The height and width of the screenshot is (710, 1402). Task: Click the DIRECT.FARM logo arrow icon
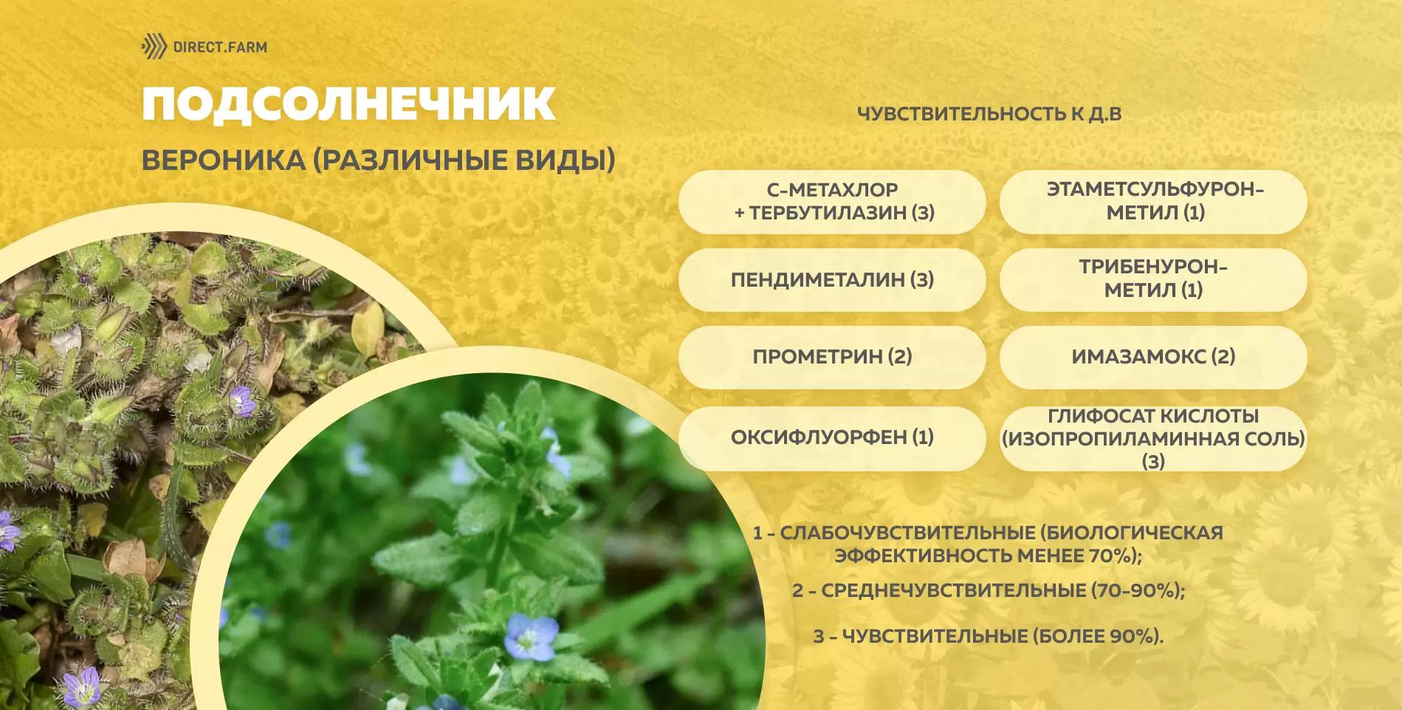(154, 47)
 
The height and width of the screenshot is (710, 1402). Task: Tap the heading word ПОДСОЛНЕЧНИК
(348, 103)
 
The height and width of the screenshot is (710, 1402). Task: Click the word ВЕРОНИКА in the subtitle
(223, 160)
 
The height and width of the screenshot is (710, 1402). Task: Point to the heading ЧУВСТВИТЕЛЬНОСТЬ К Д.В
(989, 114)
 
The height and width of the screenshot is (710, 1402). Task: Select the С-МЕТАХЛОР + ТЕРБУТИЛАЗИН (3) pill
(832, 202)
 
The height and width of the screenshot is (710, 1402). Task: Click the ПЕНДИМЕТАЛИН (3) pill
(832, 279)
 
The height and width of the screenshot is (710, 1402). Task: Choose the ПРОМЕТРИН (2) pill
(832, 357)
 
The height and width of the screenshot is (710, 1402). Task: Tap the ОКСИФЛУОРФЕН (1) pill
(832, 437)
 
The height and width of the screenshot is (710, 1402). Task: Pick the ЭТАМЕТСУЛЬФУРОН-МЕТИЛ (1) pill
(1153, 202)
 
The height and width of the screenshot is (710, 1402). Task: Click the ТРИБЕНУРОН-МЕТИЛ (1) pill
(1153, 279)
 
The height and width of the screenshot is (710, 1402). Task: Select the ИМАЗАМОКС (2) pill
(1153, 357)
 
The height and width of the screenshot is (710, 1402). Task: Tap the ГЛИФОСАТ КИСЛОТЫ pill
(1153, 437)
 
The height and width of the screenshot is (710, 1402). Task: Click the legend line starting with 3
(988, 636)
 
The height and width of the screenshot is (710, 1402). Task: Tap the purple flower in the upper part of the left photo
(241, 401)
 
